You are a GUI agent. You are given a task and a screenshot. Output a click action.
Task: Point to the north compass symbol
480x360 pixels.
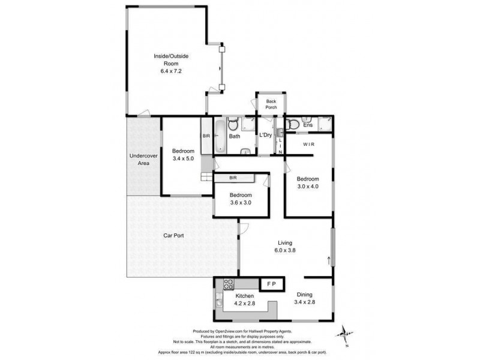coord(344,331)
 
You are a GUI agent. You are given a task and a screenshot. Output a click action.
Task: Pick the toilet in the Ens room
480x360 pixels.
coord(293,124)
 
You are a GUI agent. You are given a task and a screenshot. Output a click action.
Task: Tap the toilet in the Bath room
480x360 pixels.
coord(234,124)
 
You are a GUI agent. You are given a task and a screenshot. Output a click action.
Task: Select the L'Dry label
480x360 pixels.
coord(265,135)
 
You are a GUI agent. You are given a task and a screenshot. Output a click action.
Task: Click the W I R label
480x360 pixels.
coord(308,144)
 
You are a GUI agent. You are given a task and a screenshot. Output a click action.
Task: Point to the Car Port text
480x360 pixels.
coord(173,235)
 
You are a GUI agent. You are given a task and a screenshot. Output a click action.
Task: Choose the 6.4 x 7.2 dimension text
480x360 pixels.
coord(171,71)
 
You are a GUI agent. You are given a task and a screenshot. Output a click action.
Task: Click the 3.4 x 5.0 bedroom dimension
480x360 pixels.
coord(183,158)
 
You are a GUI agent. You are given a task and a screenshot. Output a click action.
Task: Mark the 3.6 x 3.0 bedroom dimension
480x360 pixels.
coord(240,203)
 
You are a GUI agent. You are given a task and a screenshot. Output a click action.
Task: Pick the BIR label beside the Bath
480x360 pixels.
coord(206,136)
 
